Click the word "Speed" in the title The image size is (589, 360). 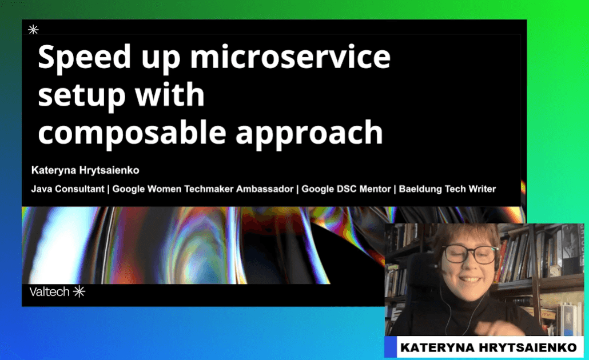tap(84, 58)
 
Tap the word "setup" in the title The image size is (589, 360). tap(82, 95)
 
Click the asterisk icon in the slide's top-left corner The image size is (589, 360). tap(33, 30)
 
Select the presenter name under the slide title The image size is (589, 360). tap(85, 170)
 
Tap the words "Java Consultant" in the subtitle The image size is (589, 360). tap(67, 189)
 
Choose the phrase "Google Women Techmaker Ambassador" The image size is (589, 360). tap(203, 189)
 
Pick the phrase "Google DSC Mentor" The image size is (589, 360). tap(346, 189)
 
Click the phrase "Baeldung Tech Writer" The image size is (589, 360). tap(447, 189)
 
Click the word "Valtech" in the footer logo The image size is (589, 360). tap(50, 291)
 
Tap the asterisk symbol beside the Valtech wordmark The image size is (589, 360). tap(79, 291)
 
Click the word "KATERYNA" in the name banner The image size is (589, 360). tap(437, 347)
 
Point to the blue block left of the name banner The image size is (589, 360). tap(391, 347)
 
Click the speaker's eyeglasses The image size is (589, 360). tap(469, 255)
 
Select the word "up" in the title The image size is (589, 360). tap(161, 60)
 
